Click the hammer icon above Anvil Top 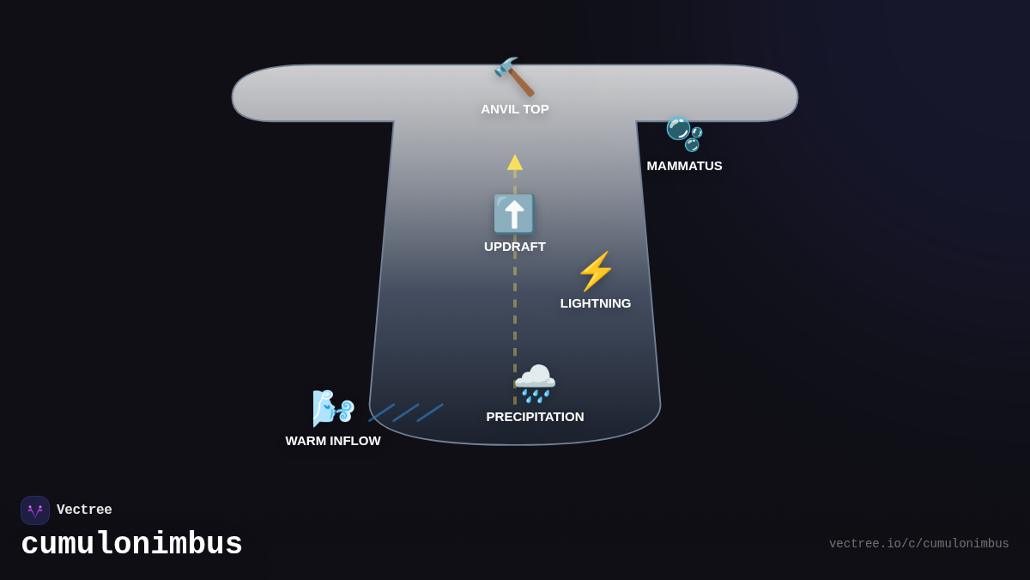coord(514,77)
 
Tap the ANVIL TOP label coord(514,109)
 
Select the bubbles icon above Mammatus coord(684,133)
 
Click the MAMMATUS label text coord(684,166)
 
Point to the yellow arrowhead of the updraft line coord(515,162)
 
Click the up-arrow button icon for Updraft coord(514,214)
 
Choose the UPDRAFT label coord(514,247)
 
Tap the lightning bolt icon coord(596,272)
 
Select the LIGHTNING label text coord(596,303)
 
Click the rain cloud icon coord(535,383)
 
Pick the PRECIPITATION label coord(535,417)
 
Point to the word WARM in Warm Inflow coord(306,441)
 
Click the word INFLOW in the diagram coord(355,441)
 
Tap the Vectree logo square coord(35,510)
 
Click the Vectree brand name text coord(84,510)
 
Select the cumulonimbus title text coord(131,545)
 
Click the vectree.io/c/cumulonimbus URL coord(918,544)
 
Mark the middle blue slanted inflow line coord(406,412)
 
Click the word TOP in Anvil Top coord(535,109)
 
